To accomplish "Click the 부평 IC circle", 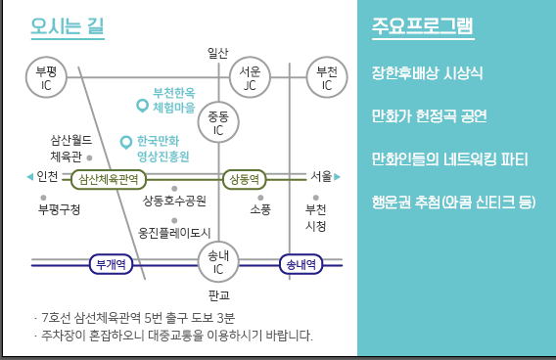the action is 46,79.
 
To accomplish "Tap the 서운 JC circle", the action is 251,79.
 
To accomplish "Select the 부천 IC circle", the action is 327,79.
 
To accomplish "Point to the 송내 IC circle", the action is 218,262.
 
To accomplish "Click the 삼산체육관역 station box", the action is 108,179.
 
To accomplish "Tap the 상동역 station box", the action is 244,179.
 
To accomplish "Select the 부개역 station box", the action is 111,263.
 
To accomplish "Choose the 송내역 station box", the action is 300,263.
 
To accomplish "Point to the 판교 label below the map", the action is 218,293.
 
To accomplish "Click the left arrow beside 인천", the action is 29,177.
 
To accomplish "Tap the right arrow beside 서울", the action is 337,177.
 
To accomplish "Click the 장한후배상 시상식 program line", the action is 428,73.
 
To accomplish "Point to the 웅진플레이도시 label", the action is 175,233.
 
